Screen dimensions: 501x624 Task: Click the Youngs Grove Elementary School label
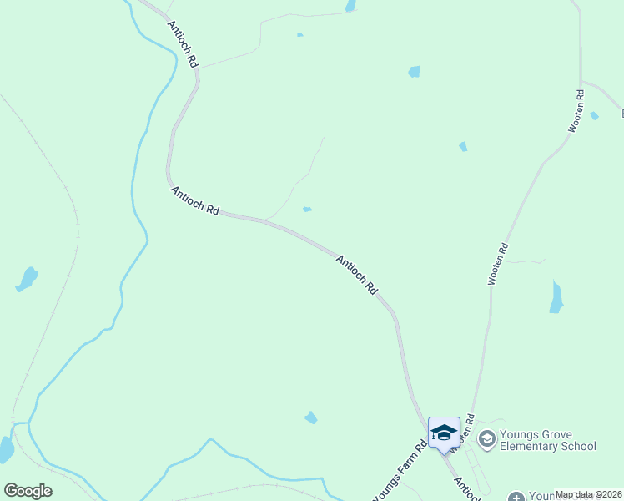[x=548, y=440]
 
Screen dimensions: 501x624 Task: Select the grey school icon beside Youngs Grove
[x=487, y=437]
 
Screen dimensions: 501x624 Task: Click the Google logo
[x=28, y=491]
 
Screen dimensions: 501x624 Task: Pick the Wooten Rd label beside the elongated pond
[x=498, y=265]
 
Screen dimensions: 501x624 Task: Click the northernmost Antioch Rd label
[x=183, y=43]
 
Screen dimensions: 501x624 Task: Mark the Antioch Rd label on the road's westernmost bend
[x=194, y=201]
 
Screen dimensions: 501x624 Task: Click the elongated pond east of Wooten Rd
[x=556, y=297]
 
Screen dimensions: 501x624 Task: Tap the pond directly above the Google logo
[x=5, y=450]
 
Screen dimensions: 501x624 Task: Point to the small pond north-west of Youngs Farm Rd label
[x=311, y=417]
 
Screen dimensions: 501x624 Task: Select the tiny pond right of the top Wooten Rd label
[x=594, y=116]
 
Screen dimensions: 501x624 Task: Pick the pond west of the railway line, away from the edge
[x=28, y=278]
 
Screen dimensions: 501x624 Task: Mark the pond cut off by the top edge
[x=351, y=6]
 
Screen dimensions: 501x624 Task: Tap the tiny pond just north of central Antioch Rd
[x=308, y=209]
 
